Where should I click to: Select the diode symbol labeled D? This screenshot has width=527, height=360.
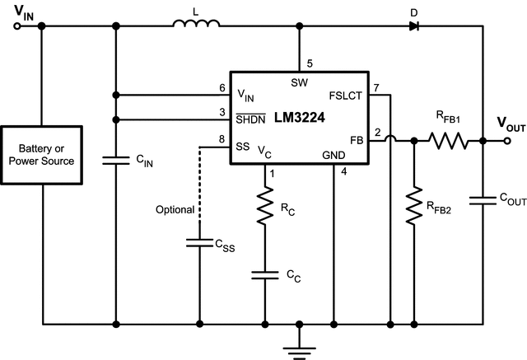click(413, 26)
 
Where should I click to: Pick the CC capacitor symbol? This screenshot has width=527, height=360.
click(265, 275)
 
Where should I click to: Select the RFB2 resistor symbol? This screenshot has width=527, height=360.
click(412, 207)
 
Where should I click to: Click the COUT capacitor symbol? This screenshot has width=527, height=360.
click(482, 199)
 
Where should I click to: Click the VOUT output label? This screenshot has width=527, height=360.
click(511, 124)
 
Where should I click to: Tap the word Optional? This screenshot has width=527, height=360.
click(174, 210)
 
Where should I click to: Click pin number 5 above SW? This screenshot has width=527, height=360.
click(310, 63)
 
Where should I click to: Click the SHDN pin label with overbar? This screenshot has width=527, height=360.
click(251, 120)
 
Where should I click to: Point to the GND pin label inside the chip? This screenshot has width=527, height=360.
click(334, 154)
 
